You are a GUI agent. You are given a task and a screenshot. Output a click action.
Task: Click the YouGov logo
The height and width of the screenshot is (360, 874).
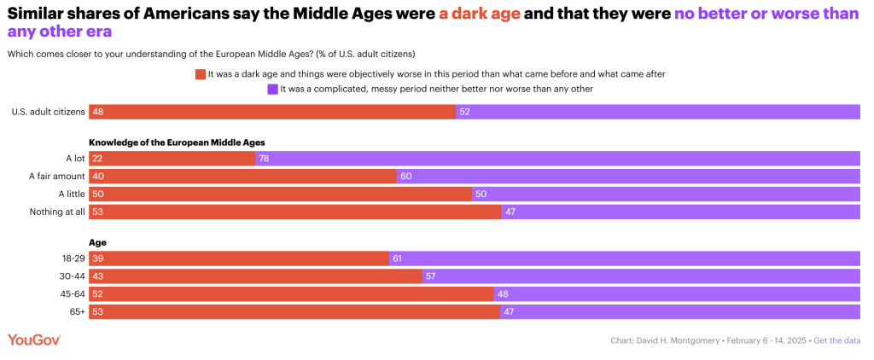[x=34, y=340]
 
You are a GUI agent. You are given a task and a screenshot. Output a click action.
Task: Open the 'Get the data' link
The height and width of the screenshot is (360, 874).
[x=836, y=341]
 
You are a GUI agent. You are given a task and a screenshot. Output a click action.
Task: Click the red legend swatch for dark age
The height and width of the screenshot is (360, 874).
[x=201, y=74]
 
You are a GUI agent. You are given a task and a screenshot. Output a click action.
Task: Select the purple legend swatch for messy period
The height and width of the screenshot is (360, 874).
[x=272, y=89]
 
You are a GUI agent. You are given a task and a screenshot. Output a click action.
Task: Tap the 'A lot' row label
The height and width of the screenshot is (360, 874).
[x=74, y=158]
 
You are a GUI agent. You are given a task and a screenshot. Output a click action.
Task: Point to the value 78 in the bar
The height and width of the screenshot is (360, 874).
[x=265, y=158]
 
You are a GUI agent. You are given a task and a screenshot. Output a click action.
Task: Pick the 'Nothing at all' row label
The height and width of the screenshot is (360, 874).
[x=56, y=212]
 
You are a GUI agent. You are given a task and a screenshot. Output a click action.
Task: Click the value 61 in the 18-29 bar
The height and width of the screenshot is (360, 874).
[x=397, y=258]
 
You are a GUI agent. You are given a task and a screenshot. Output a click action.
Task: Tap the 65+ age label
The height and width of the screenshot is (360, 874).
[x=76, y=312]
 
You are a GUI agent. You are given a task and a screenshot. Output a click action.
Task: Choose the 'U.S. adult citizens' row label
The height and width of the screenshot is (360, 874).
[x=48, y=112]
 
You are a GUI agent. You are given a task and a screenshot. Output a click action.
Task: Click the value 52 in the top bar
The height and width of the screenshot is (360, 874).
[x=465, y=112]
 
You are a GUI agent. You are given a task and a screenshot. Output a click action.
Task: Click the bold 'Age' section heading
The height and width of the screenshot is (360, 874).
[x=97, y=242]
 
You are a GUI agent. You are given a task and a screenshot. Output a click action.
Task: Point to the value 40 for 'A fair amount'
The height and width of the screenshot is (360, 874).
[x=98, y=176]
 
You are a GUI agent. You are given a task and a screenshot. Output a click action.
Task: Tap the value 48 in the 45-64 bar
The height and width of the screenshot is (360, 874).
[x=503, y=294]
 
